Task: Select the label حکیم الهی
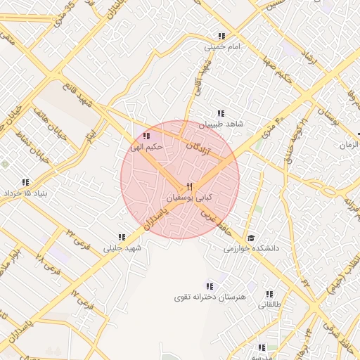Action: pos(148,147)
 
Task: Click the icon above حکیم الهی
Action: pos(146,136)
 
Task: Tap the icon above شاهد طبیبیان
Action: pos(221,113)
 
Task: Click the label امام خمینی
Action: pos(222,48)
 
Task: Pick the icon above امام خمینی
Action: pos(222,37)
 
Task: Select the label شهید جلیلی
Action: pos(122,248)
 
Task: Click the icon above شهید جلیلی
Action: pos(122,238)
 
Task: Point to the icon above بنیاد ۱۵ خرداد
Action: pos(26,181)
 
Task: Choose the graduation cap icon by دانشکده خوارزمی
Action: pos(251,238)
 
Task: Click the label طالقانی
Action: pos(269,304)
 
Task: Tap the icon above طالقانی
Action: pos(269,294)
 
